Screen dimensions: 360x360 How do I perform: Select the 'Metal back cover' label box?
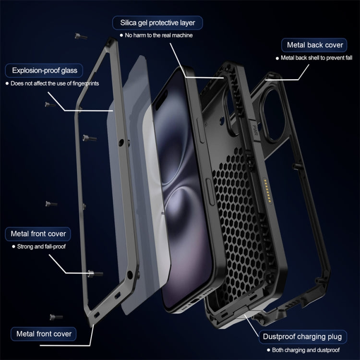click(x=315, y=45)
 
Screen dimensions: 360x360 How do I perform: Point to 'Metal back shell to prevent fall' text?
click(x=317, y=58)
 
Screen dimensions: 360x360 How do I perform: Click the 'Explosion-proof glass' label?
click(x=44, y=71)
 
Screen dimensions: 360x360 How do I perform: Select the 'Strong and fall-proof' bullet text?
click(x=41, y=247)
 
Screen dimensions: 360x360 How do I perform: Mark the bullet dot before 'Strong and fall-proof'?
click(x=13, y=247)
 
